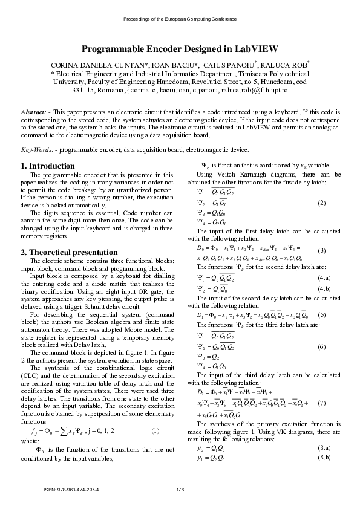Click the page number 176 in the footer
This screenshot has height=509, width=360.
tap(180, 489)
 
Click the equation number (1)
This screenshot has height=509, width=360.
tap(155, 413)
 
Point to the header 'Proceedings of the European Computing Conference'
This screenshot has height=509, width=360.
tap(180, 19)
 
